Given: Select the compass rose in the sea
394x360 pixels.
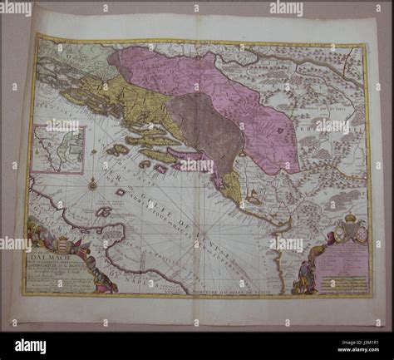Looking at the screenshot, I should (x=92, y=184).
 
